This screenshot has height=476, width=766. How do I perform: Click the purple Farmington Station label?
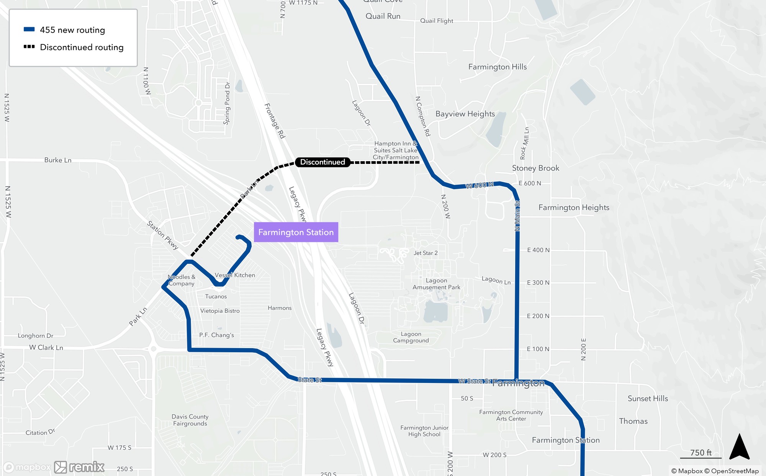click(x=296, y=232)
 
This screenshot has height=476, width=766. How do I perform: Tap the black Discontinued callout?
click(x=322, y=162)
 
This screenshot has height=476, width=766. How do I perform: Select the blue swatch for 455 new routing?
click(x=29, y=29)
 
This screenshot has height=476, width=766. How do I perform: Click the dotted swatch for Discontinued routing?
click(x=29, y=47)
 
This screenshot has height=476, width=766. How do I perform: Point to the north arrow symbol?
click(x=739, y=447)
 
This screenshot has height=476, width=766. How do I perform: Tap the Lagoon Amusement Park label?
click(x=436, y=284)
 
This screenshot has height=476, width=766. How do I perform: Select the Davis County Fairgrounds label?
click(x=190, y=420)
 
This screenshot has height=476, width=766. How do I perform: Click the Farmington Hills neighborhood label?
click(x=498, y=67)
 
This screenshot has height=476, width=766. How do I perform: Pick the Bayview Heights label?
click(x=465, y=114)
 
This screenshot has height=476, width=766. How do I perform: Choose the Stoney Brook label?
click(x=535, y=168)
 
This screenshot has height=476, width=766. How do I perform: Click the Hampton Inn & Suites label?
click(x=396, y=150)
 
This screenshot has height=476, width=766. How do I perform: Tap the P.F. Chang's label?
click(x=216, y=335)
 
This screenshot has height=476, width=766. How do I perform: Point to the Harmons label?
click(x=280, y=308)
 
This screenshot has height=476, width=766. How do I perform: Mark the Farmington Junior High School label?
click(x=424, y=431)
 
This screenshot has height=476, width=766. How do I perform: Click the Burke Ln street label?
click(x=58, y=160)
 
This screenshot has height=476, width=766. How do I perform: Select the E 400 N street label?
click(x=538, y=250)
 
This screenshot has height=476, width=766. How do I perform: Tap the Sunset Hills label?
click(x=648, y=399)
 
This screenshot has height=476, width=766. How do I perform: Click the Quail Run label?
click(x=383, y=16)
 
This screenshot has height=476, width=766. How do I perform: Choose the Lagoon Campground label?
click(x=411, y=337)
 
